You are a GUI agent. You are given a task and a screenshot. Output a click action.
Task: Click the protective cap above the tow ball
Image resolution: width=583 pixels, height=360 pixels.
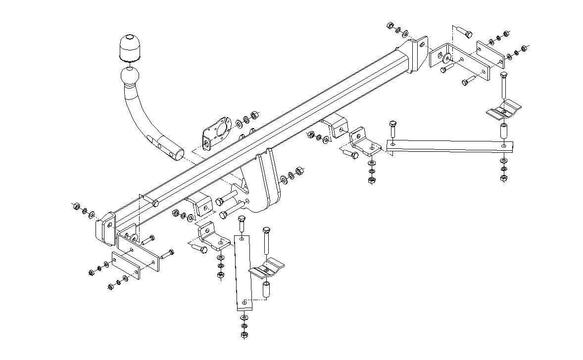pyautogui.click(x=129, y=48)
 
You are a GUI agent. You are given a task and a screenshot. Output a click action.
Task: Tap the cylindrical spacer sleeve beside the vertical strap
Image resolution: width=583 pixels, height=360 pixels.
pyautogui.click(x=266, y=290)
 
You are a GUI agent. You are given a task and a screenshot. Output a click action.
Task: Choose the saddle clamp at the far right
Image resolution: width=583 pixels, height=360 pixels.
pyautogui.click(x=504, y=110)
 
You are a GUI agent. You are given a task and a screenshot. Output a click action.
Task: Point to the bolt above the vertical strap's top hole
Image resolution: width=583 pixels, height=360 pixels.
pyautogui.click(x=241, y=224)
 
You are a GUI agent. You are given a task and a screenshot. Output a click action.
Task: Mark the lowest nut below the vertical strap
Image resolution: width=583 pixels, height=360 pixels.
pyautogui.click(x=243, y=335)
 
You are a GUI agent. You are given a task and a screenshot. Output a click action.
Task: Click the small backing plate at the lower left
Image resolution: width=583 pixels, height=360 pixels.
pyautogui.click(x=126, y=265)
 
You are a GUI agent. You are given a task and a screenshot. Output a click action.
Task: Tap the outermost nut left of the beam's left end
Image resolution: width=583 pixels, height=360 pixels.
pyautogui.click(x=75, y=207)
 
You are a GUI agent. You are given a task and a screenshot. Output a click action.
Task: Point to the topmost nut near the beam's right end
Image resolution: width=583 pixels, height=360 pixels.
pyautogui.click(x=389, y=24)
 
